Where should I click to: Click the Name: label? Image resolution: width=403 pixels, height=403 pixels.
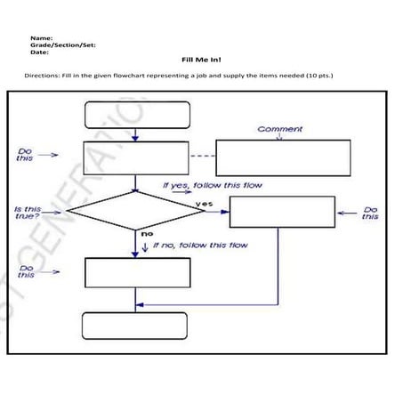coord(41,38)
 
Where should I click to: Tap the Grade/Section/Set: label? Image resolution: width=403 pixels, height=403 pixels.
coord(59,44)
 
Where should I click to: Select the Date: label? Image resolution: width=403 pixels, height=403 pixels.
coord(39,52)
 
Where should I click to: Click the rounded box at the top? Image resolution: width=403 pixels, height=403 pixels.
coord(136,115)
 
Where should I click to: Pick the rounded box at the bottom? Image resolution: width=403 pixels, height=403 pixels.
coord(135,326)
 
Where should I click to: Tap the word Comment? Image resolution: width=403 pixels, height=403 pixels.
coord(279,129)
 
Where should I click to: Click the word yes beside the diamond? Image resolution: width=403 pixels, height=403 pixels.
coord(204,204)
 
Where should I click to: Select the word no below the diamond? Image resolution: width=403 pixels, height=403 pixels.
coord(148,233)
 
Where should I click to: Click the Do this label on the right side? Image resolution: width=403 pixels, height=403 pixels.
coord(370,214)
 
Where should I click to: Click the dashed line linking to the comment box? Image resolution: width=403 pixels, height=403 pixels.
coord(203,157)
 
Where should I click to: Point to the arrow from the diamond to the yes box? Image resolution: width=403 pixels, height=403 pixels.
coord(214,212)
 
